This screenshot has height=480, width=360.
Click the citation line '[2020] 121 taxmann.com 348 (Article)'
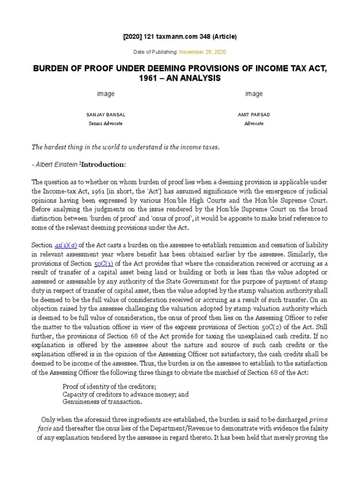tap(180, 37)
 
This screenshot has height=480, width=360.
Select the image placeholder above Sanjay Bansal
tap(105, 94)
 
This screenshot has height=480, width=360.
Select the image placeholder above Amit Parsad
tap(254, 94)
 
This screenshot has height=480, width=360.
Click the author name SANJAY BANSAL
tap(105, 114)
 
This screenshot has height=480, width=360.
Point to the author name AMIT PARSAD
tap(254, 114)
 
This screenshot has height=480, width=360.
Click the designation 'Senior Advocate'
tap(105, 124)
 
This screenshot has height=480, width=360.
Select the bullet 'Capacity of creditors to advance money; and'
tap(125, 394)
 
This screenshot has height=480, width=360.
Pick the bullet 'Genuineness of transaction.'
tap(102, 402)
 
